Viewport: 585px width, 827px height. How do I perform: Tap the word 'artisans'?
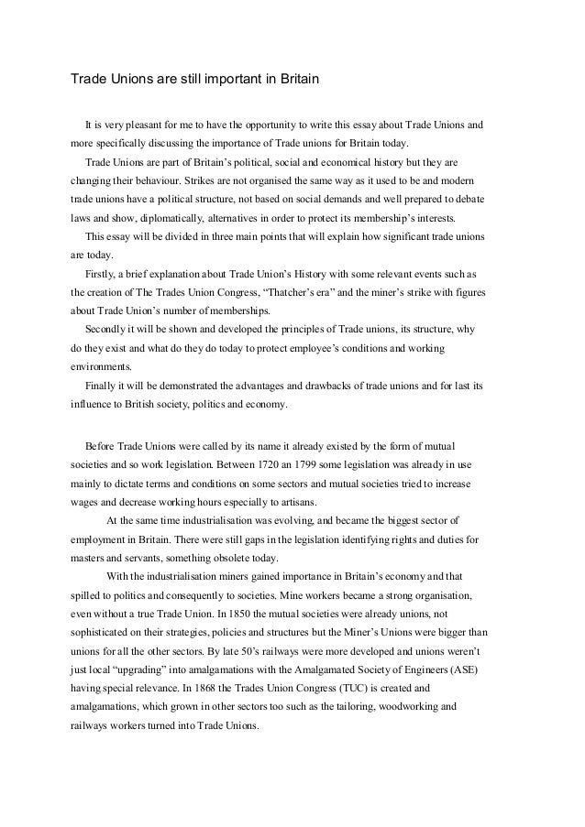coord(295,502)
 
